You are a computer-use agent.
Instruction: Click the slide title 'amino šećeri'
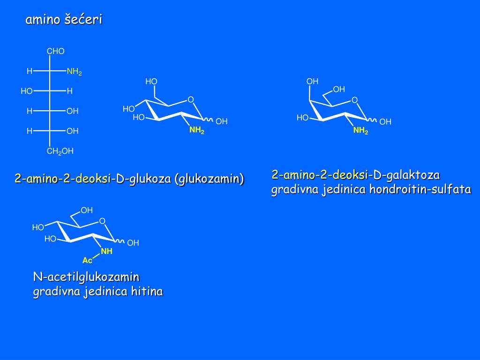63,20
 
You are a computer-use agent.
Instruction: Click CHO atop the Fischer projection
55,51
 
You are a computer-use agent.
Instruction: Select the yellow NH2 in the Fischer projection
74,72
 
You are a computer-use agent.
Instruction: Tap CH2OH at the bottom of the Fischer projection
60,151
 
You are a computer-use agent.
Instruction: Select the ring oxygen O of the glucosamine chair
191,99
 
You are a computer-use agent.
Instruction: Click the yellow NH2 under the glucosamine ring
196,131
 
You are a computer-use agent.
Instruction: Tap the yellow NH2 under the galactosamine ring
360,131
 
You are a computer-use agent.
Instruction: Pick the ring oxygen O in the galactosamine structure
354,100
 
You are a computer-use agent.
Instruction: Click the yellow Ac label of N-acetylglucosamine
87,260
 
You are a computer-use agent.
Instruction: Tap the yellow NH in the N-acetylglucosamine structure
107,251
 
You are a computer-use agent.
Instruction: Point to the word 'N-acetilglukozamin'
86,277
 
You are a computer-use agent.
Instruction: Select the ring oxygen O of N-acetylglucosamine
102,221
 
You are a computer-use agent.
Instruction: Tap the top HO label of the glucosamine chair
151,81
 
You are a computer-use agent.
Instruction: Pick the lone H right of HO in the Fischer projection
70,91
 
